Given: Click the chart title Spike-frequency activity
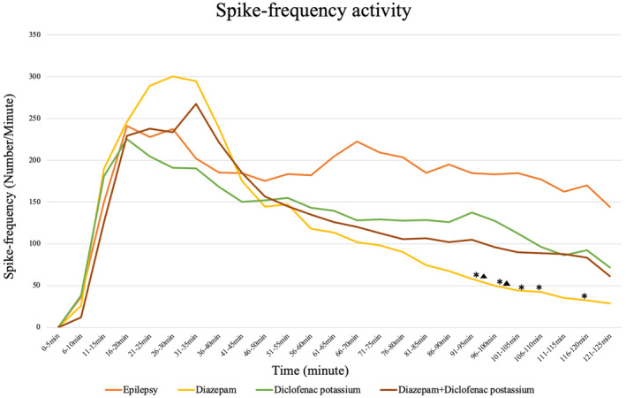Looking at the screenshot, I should click(x=328, y=12).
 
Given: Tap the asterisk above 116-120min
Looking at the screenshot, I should click(x=585, y=296).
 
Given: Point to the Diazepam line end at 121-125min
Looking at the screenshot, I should click(x=609, y=303).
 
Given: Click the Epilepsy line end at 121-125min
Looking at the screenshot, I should click(x=609, y=207).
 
